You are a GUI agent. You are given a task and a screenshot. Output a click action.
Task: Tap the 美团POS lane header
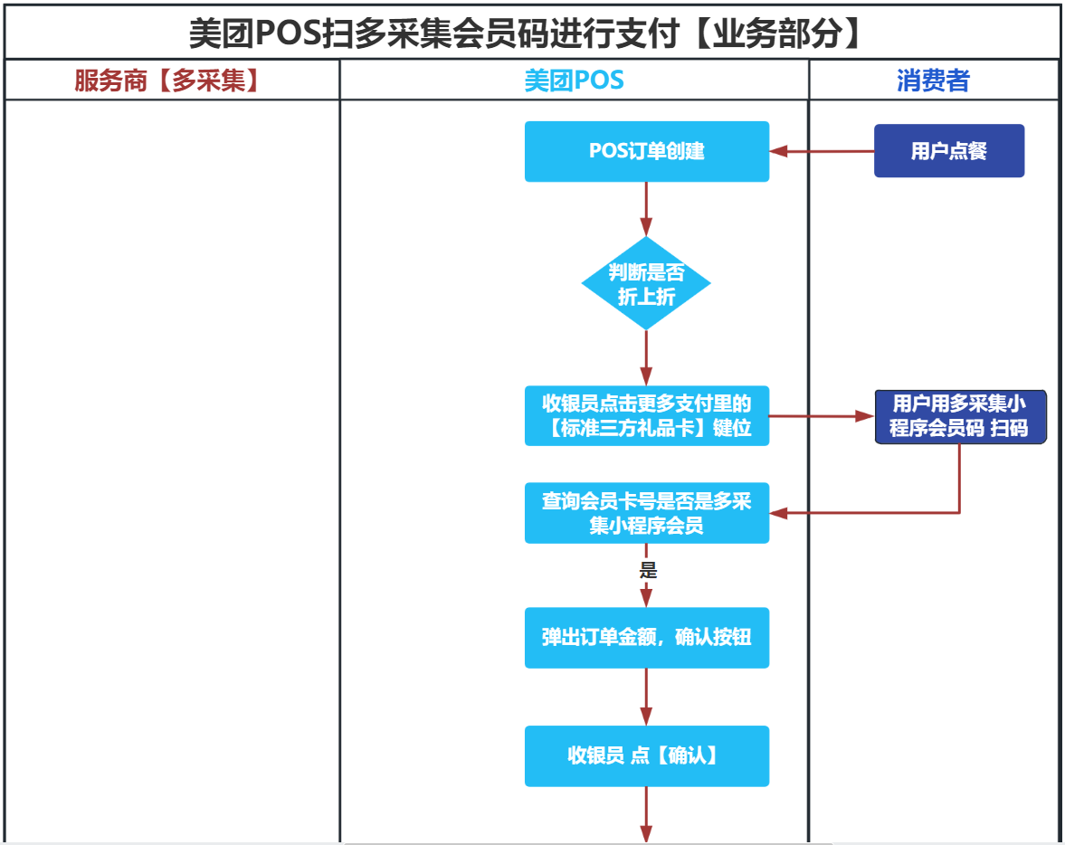pyautogui.click(x=574, y=81)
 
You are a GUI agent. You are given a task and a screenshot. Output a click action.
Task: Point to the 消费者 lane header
pyautogui.click(x=933, y=81)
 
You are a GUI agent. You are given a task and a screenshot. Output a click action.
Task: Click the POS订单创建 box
pyautogui.click(x=646, y=151)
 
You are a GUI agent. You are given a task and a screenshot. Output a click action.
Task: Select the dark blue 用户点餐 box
pyautogui.click(x=948, y=151)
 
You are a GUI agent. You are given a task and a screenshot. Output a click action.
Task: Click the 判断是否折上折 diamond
pyautogui.click(x=646, y=284)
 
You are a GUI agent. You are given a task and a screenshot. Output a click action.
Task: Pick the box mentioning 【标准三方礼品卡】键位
pyautogui.click(x=646, y=415)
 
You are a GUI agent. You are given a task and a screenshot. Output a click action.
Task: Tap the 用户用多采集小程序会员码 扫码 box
pyautogui.click(x=959, y=416)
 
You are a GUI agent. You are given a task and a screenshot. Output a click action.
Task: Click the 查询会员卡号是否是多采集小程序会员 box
pyautogui.click(x=646, y=513)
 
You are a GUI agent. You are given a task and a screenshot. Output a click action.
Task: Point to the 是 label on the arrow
pyautogui.click(x=648, y=570)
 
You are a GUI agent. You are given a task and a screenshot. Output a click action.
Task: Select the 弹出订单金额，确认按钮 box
pyautogui.click(x=646, y=637)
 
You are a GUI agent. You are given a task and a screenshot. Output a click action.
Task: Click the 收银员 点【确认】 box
pyautogui.click(x=646, y=755)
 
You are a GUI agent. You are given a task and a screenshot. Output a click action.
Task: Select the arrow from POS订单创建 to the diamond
pyautogui.click(x=646, y=210)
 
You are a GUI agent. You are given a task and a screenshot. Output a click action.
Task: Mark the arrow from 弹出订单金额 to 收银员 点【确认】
pyautogui.click(x=646, y=697)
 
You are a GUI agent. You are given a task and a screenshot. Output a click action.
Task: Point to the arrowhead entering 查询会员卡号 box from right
pyautogui.click(x=778, y=513)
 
